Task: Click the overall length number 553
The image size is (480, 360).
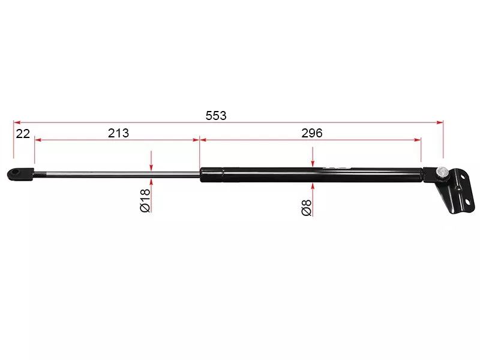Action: point(216,116)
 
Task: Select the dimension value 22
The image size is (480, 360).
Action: point(23,134)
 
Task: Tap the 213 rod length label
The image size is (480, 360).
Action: point(118,133)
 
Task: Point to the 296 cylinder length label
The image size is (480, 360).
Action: point(312,133)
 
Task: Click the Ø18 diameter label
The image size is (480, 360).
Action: point(145,200)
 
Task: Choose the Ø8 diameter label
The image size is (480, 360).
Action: point(307,207)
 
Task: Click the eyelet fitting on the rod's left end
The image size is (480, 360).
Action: point(20,174)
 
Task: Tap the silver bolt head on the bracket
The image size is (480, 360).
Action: point(442,171)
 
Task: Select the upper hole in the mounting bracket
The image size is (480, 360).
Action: point(462,176)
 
